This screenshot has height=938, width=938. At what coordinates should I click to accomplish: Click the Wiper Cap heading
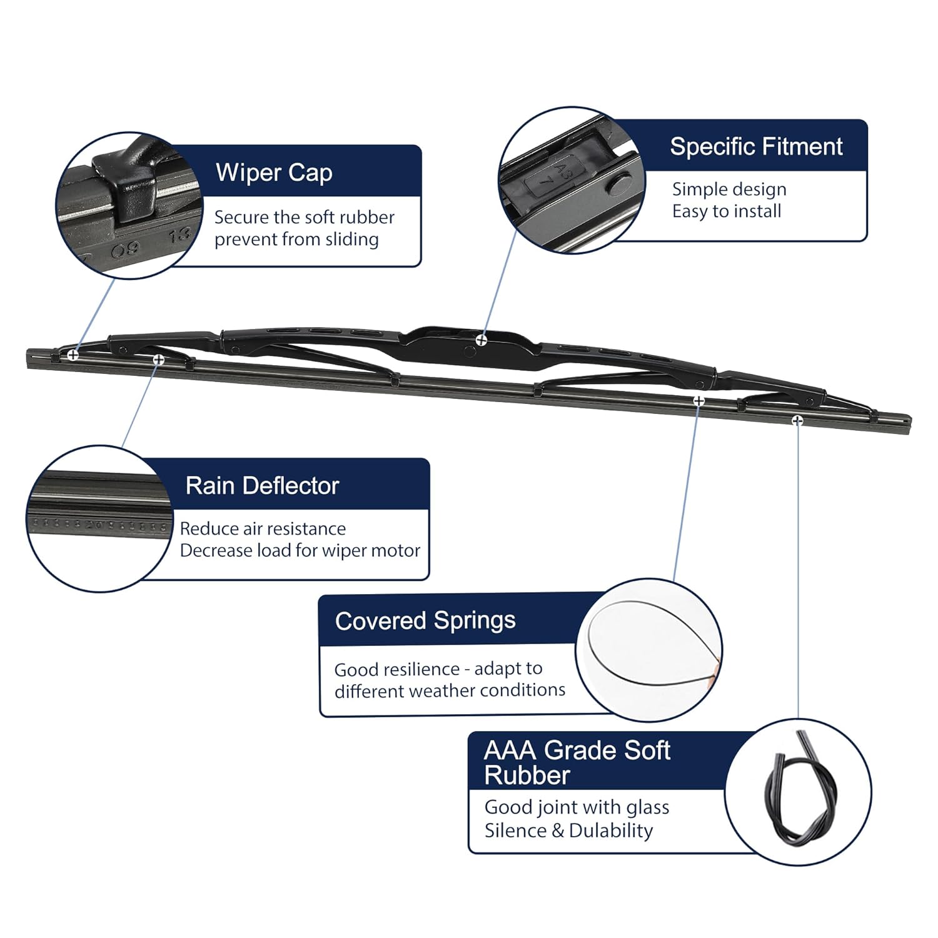tap(273, 173)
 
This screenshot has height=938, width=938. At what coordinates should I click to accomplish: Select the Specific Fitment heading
tap(756, 147)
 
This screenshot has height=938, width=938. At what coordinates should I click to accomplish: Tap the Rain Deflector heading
tap(262, 486)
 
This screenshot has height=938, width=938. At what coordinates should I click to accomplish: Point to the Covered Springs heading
tap(425, 621)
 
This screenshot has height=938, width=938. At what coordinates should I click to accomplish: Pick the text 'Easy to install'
tap(727, 211)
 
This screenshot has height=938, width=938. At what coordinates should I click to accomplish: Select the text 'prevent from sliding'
tap(296, 240)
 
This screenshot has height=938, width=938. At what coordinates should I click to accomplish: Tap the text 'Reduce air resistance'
tap(263, 529)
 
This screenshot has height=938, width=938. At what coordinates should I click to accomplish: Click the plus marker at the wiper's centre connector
tap(481, 340)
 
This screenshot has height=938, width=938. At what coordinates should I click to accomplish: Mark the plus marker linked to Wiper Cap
tap(73, 355)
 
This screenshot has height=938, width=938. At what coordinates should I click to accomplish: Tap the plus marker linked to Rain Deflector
tap(159, 360)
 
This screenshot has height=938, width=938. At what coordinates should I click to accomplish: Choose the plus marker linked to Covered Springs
tap(699, 400)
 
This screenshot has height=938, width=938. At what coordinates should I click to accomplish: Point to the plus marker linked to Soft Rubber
tap(797, 420)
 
